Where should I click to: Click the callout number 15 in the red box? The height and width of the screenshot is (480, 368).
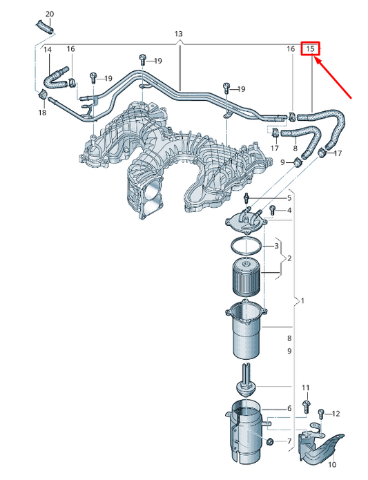pyautogui.click(x=311, y=49)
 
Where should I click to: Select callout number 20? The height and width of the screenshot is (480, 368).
pyautogui.click(x=49, y=14)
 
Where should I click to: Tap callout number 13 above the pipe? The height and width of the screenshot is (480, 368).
pyautogui.click(x=179, y=34)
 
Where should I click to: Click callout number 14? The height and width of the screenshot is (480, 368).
pyautogui.click(x=48, y=50)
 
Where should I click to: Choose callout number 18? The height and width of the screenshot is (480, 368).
pyautogui.click(x=42, y=112)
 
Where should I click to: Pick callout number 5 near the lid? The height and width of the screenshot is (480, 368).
pyautogui.click(x=270, y=198)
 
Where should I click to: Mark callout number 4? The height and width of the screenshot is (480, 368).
pyautogui.click(x=289, y=210)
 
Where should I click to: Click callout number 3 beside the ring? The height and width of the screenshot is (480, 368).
pyautogui.click(x=277, y=246)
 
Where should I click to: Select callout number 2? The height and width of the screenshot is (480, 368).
pyautogui.click(x=289, y=258)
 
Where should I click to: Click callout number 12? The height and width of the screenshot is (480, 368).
pyautogui.click(x=336, y=414)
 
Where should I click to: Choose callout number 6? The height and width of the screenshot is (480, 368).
pyautogui.click(x=289, y=409)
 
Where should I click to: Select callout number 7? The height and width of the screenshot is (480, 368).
pyautogui.click(x=289, y=441)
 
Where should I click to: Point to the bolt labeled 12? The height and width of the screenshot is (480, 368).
pyautogui.click(x=321, y=415)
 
